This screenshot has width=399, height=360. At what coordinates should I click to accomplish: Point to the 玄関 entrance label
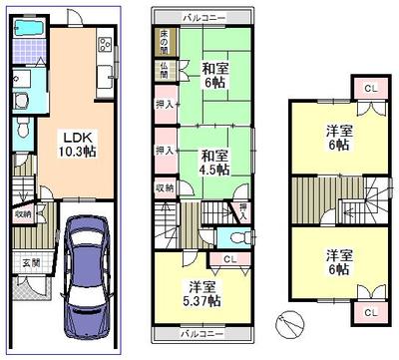coord(30,261)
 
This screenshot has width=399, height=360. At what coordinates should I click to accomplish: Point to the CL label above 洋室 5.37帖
coord(228,260)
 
